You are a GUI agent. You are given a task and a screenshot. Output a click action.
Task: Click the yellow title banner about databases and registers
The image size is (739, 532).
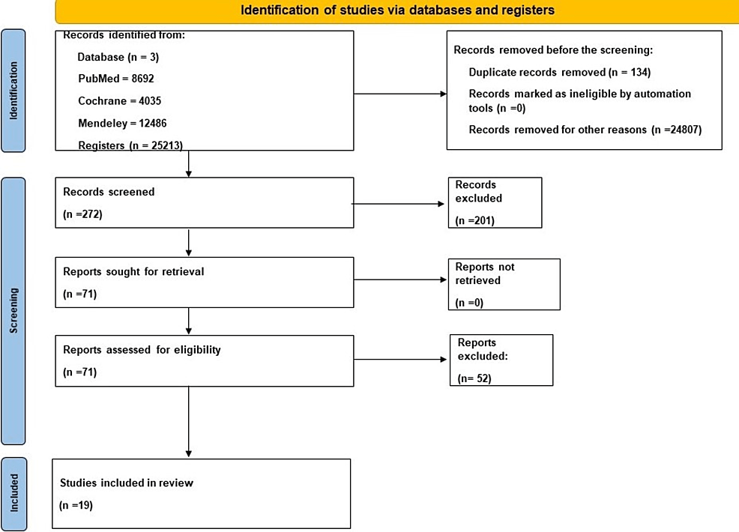point(396,11)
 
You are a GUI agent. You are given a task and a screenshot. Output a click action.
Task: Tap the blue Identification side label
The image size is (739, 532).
point(13,91)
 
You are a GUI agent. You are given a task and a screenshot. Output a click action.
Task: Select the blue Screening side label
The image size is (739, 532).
point(13,311)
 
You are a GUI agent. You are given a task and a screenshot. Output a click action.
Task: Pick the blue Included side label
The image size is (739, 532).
point(14,493)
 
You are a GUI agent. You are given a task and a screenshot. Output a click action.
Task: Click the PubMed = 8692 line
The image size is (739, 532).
point(116,79)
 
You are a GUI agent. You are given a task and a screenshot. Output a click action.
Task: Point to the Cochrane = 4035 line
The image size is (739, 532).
point(120,101)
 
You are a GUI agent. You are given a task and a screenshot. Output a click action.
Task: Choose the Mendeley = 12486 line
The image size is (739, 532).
point(122,124)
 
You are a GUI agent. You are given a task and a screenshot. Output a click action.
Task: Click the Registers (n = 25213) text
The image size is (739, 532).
point(130,145)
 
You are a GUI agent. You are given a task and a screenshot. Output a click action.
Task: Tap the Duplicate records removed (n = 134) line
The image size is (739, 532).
point(559,72)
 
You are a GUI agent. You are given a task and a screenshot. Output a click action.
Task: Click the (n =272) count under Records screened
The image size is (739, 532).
point(82,214)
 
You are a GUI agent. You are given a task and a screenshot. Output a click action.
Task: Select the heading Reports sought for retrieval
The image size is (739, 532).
point(133,272)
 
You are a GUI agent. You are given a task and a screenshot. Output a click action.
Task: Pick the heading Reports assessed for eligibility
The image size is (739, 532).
point(142,350)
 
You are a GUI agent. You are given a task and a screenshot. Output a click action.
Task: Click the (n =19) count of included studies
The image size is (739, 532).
point(76,505)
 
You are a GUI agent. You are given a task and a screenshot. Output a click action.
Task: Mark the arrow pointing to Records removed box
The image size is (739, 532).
point(400,94)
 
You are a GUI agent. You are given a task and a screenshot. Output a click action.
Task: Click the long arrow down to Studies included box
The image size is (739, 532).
point(189,422)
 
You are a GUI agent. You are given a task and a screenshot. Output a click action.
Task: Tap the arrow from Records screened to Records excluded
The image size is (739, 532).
point(398,204)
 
